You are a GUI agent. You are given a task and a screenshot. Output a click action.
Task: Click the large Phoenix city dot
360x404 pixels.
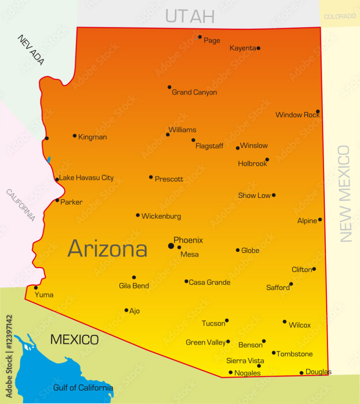click(x=171, y=246)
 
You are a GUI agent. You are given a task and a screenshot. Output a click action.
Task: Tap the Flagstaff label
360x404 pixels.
click(x=209, y=146)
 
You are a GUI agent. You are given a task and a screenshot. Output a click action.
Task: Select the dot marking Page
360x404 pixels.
click(x=200, y=37)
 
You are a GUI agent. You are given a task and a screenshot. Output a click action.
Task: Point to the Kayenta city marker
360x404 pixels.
click(x=258, y=48)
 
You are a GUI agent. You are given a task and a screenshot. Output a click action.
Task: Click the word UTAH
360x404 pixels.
click(x=190, y=16)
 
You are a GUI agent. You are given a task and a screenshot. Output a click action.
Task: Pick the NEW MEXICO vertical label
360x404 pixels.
click(x=345, y=194)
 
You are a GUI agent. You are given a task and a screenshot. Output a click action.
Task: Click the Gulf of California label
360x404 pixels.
click(x=83, y=388)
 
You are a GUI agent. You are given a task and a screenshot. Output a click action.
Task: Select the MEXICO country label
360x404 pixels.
click(x=75, y=339)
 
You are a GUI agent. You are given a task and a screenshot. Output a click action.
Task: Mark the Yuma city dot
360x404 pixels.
click(x=36, y=288)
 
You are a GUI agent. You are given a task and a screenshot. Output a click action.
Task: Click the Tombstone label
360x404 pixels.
click(x=294, y=354)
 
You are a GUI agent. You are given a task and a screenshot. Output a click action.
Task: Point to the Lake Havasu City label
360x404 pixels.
click(x=86, y=178)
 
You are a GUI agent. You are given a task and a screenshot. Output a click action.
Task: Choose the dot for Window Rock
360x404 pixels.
click(x=318, y=112)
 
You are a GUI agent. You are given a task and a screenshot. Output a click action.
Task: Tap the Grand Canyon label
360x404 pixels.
click(x=194, y=92)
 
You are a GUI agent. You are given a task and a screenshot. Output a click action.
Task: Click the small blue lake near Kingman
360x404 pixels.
click(x=49, y=160)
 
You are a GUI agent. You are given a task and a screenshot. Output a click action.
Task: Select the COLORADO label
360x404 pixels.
click(x=339, y=17)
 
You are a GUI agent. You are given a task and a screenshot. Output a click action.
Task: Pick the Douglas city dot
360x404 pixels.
click(x=302, y=373)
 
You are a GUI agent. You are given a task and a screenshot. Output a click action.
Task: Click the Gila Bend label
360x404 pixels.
click(x=134, y=286)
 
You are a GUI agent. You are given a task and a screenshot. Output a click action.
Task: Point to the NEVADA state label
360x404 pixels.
click(x=31, y=50)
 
